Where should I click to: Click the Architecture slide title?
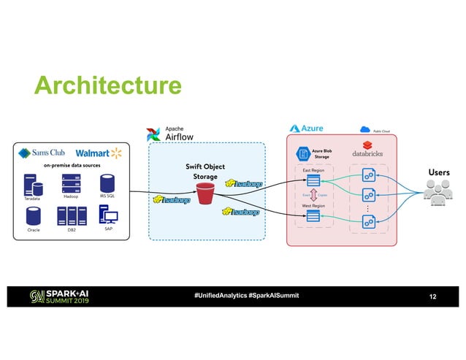click(x=108, y=86)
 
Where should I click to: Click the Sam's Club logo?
click(x=42, y=153)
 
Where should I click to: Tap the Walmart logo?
click(x=98, y=153)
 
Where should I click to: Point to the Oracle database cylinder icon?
click(x=33, y=216)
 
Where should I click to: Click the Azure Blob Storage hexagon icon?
click(x=302, y=154)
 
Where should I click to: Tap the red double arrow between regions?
click(x=313, y=195)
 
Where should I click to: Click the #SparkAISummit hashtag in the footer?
click(x=273, y=296)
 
